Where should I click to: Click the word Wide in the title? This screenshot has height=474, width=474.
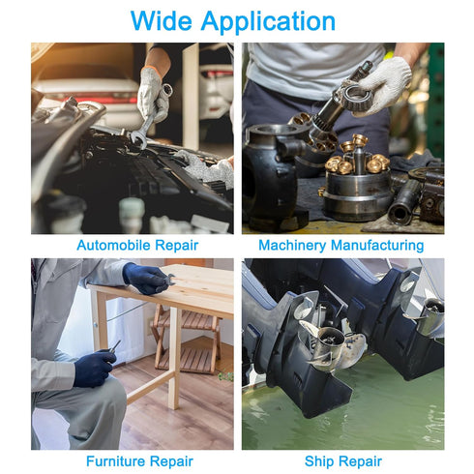[x=162, y=21]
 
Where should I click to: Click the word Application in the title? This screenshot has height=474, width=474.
[x=268, y=22]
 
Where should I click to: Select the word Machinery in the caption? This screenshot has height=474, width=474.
[x=292, y=246]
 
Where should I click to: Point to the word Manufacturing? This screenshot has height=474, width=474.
[x=377, y=246]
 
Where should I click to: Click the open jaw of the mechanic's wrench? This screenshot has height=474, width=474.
[x=139, y=138]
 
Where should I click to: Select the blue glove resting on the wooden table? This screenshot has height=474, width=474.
[x=146, y=279]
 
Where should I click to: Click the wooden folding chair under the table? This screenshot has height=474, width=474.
[x=187, y=339]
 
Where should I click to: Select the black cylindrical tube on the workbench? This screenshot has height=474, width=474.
[x=405, y=202]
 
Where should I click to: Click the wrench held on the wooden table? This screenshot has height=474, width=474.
[x=168, y=280]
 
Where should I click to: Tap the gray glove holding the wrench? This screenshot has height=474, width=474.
[x=153, y=96]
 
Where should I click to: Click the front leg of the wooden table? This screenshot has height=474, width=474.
[x=174, y=358]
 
